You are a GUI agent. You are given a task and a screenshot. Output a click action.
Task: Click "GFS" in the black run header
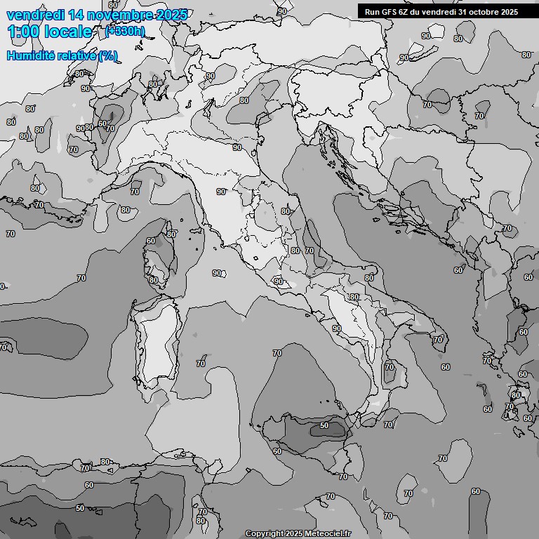coord(388,11)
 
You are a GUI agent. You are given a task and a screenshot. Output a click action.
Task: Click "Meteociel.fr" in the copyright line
coord(328,534)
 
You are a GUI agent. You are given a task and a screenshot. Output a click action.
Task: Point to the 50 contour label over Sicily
coord(324,425)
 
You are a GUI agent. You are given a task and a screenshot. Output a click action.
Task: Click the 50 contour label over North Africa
coord(80,508)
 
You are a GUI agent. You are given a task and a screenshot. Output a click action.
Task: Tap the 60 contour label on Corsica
coord(150,241)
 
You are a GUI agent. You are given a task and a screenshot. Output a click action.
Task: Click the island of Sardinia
coord(158,344)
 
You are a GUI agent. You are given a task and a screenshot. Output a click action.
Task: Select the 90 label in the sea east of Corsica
coord(216,273)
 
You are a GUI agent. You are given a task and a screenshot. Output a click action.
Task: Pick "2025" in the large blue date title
coord(171,14)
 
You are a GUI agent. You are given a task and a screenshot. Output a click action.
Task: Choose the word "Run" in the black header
coord(372,11)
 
